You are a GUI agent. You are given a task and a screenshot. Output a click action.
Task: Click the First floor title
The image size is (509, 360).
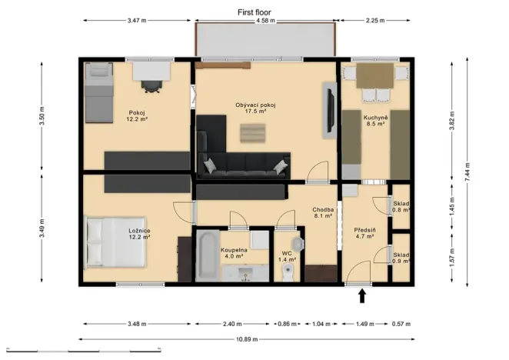(x=254, y=12)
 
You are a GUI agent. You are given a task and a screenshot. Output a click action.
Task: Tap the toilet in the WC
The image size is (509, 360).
(x=288, y=272)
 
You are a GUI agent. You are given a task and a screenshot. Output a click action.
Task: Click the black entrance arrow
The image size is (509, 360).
(x=362, y=296)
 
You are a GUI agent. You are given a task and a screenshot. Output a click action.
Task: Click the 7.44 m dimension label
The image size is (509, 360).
(x=467, y=172)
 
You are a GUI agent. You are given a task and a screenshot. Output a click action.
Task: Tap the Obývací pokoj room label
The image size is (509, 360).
(x=255, y=105)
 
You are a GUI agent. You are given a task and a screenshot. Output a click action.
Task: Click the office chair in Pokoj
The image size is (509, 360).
(x=151, y=86)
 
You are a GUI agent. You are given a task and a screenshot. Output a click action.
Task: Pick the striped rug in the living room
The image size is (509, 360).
(x=252, y=133)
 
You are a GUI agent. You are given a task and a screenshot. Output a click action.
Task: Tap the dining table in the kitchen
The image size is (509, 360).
(x=375, y=75)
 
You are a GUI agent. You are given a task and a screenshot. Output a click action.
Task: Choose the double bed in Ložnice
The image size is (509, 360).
(x=115, y=242)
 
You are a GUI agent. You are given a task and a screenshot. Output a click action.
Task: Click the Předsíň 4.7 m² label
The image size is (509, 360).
(x=364, y=233)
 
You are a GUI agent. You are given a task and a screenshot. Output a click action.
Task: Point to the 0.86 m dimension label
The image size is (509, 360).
(x=287, y=324)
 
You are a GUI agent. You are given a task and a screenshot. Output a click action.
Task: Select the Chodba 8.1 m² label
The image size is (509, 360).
(x=323, y=212)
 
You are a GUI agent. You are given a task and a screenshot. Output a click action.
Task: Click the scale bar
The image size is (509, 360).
(x=84, y=351)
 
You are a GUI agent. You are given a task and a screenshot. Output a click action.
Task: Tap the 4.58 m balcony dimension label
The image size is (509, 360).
(x=265, y=21)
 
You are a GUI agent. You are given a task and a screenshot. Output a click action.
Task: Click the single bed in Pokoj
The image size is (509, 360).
(x=99, y=93)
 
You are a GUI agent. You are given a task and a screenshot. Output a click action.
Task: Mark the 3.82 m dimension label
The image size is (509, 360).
(x=452, y=121)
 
